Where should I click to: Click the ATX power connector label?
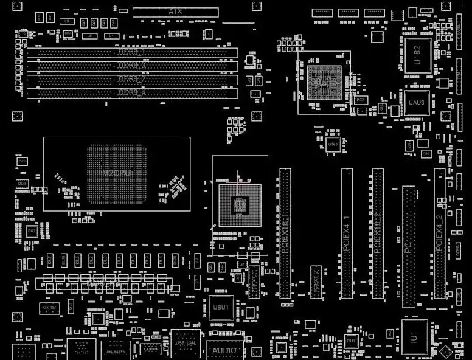pyautogui.click(x=175, y=12)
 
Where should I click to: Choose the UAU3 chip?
pyautogui.click(x=417, y=102)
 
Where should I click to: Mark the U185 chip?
pyautogui.click(x=333, y=145)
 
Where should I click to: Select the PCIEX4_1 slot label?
pyautogui.click(x=347, y=235)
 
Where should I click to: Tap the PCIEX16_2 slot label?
pyautogui.click(x=377, y=234)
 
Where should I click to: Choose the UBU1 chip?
pyautogui.click(x=220, y=308)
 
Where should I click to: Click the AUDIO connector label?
pyautogui.click(x=224, y=351)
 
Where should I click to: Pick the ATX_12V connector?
pyautogui.click(x=49, y=308)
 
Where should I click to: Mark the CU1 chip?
pyautogui.click(x=351, y=342)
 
